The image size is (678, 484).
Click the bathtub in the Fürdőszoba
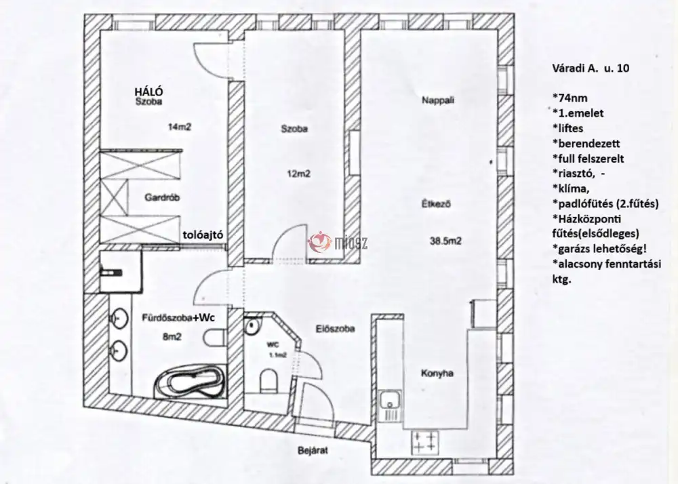point(191,382)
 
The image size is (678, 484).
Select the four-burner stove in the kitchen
point(424,442)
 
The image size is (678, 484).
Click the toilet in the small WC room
point(268,380)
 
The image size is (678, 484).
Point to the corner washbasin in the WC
point(252,326)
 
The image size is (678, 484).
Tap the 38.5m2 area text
point(445,241)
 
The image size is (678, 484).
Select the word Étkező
point(436,203)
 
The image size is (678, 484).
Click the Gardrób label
point(162,197)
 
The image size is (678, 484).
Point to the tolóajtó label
point(203,235)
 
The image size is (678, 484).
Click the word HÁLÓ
point(148,92)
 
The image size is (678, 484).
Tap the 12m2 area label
point(299,174)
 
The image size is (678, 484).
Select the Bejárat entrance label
point(313,451)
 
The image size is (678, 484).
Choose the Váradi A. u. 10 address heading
point(591,68)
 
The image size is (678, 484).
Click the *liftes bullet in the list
point(567,128)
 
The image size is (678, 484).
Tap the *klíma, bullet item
point(571,189)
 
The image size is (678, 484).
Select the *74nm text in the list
point(570,98)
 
